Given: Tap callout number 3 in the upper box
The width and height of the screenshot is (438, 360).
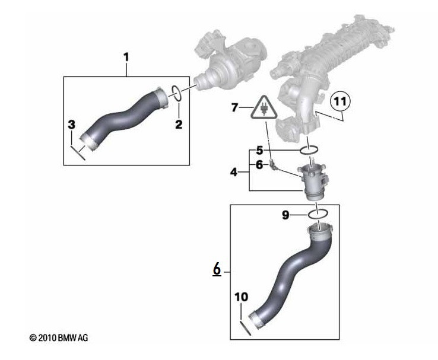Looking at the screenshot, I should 71,125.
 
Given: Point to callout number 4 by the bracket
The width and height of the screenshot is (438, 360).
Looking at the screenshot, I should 234,173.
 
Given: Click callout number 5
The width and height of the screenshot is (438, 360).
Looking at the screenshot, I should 259,150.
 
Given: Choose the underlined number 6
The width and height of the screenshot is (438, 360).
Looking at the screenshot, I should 217,270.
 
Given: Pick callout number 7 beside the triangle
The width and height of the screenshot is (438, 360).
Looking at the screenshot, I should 234,107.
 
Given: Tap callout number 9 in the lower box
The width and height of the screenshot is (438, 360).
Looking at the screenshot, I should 285,215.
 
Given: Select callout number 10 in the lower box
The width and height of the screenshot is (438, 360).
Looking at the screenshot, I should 240,296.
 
